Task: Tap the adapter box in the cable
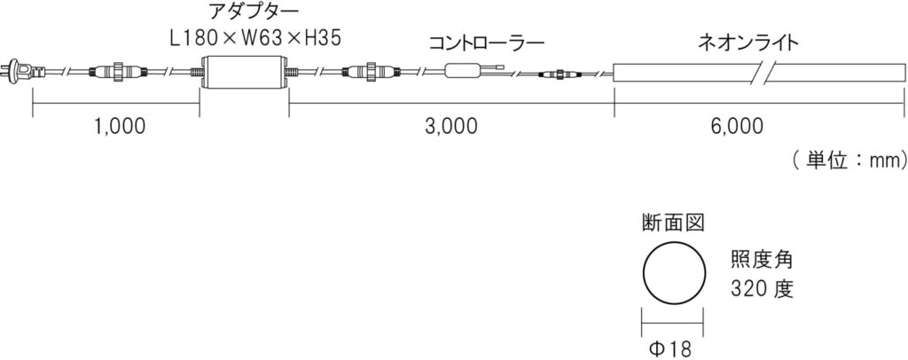click(244, 73)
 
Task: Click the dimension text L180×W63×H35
click(254, 38)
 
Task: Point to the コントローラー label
click(486, 43)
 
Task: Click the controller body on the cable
click(463, 72)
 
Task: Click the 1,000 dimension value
click(120, 126)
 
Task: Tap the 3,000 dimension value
click(451, 126)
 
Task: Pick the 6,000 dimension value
click(736, 126)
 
